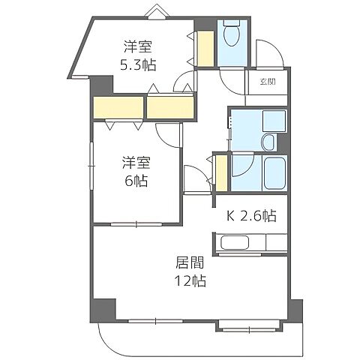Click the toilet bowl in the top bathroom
(x=232, y=36)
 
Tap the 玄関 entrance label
(x=268, y=82)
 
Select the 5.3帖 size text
(x=138, y=65)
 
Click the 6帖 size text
(x=136, y=181)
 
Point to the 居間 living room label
(x=189, y=262)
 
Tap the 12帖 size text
(x=190, y=280)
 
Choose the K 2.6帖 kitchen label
(x=251, y=216)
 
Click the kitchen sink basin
(x=235, y=242)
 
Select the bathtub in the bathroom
(x=274, y=173)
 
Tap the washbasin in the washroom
(x=268, y=142)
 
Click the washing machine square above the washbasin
(x=274, y=121)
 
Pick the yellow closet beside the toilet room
(x=205, y=49)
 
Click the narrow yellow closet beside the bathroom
(x=221, y=173)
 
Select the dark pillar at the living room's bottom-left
(x=103, y=310)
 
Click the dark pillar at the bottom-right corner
(x=295, y=311)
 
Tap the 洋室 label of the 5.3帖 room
(x=138, y=46)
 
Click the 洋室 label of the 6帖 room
(x=136, y=163)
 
